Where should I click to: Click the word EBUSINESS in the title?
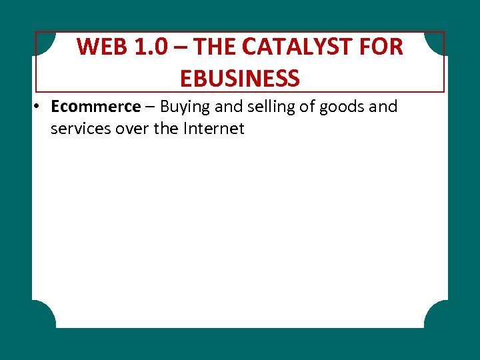pos(240,79)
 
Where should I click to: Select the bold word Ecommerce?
pos(95,107)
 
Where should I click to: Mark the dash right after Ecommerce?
pos(150,107)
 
